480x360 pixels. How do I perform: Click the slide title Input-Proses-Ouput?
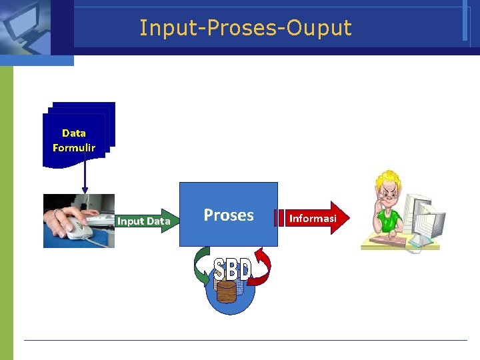pos(245,28)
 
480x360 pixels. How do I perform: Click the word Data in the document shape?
pos(74,133)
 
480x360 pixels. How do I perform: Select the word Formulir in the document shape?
pos(74,147)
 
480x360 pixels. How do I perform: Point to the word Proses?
pos(228,215)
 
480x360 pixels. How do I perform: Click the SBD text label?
pos(232,270)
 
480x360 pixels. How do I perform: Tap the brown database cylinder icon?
pos(227,292)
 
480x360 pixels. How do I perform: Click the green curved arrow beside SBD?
pos(200,267)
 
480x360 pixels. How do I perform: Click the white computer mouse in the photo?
pos(78,231)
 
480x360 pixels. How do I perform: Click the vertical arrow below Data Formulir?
pos(85,180)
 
